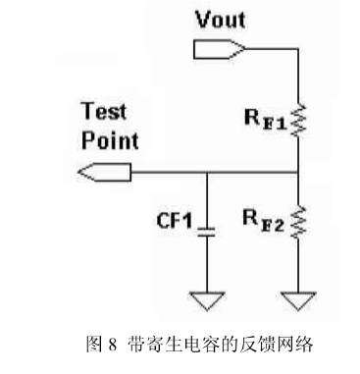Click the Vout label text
click(x=222, y=21)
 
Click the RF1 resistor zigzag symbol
click(x=297, y=120)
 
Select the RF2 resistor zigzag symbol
click(x=297, y=225)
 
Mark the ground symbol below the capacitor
click(x=207, y=297)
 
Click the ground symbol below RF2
click(x=297, y=297)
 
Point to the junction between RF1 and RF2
click(x=297, y=174)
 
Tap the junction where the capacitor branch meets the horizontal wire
click(x=207, y=174)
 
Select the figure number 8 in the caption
click(x=113, y=345)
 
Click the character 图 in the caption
click(x=95, y=345)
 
